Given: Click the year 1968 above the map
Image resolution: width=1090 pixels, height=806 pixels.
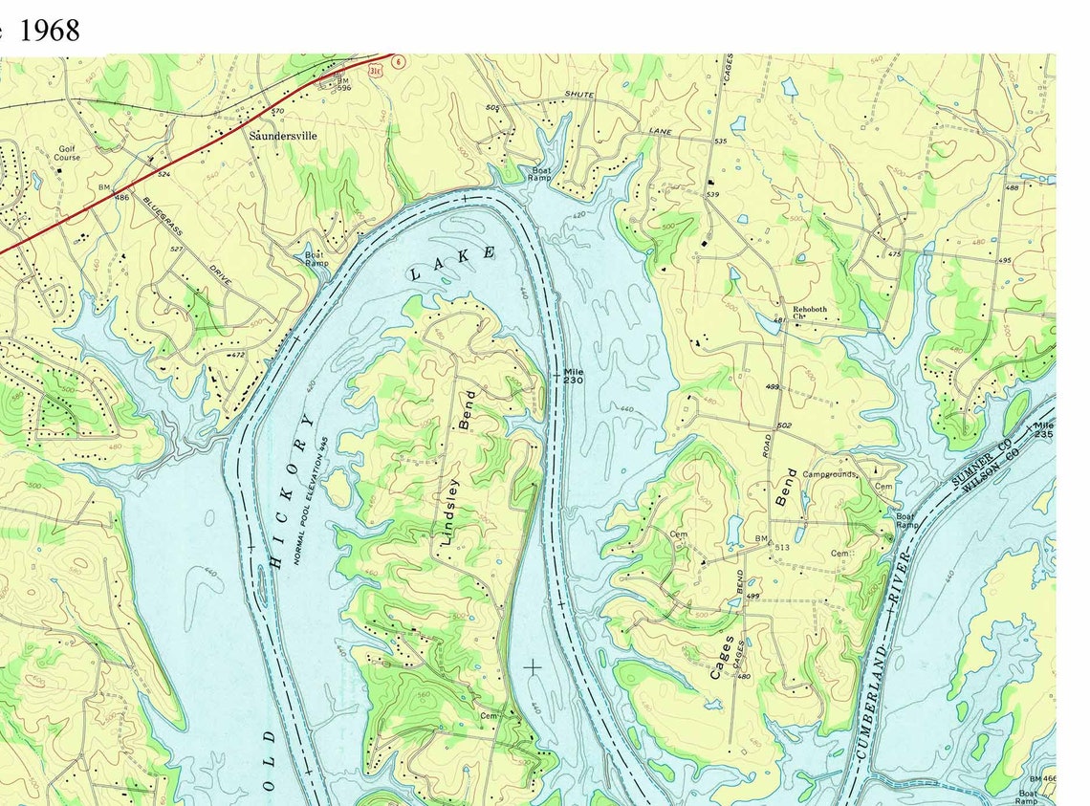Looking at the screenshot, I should [x=50, y=30].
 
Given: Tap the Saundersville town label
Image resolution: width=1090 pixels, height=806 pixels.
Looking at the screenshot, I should [x=282, y=136].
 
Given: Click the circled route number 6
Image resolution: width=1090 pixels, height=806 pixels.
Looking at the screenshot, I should [x=397, y=61].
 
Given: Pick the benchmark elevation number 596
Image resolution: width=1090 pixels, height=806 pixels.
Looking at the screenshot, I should [x=344, y=88].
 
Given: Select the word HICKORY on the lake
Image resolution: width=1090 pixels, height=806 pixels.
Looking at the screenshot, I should [x=293, y=492].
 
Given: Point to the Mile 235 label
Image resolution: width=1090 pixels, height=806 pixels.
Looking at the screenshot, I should [x=1043, y=429].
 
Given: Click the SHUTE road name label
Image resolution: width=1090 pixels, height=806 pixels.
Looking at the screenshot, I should [x=578, y=95].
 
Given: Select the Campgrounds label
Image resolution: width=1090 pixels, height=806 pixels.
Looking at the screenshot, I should [x=828, y=474].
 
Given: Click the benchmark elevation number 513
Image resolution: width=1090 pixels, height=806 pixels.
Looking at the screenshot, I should [x=781, y=546].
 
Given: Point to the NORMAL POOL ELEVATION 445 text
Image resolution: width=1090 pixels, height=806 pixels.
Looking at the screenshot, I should [x=312, y=504].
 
